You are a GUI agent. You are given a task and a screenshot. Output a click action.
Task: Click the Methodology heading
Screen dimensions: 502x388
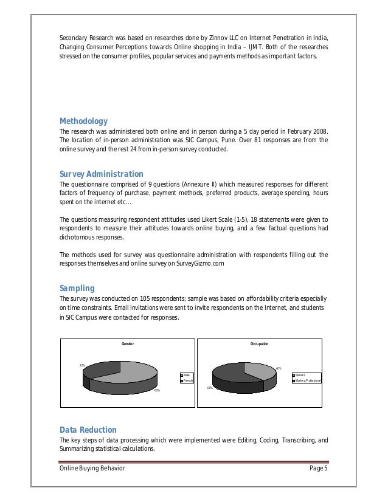83,121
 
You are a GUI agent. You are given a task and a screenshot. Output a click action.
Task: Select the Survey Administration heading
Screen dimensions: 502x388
101,174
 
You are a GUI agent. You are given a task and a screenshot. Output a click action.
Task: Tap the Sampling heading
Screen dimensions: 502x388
77,287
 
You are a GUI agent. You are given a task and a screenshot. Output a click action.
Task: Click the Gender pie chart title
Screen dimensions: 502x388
128,344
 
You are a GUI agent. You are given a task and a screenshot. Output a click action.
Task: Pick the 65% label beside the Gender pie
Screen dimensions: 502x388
156,390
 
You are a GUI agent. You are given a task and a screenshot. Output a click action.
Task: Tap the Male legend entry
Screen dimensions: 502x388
187,375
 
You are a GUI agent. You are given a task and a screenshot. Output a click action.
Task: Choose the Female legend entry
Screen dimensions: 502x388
187,380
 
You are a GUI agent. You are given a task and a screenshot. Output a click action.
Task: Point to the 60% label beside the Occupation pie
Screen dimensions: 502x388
209,387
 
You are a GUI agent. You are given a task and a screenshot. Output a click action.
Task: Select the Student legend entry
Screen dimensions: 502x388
302,375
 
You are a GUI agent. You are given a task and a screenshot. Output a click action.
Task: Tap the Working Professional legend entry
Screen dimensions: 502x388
308,380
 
